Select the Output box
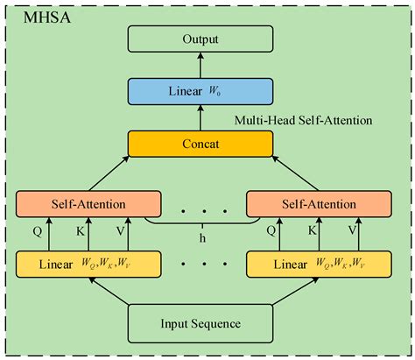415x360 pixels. coord(200,39)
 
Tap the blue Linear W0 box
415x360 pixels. coord(200,90)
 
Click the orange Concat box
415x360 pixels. coord(200,142)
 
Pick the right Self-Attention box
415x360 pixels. coord(313,204)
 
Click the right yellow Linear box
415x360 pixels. coord(313,263)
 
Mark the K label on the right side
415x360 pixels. coord(313,233)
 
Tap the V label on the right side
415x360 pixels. coord(352,233)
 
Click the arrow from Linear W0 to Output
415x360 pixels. coord(200,65)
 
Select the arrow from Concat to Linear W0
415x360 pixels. coord(200,116)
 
